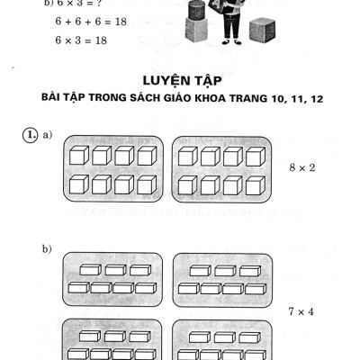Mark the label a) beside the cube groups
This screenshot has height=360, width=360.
[47, 135]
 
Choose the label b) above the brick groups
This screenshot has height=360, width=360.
[47, 247]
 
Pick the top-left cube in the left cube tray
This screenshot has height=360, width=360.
[77, 155]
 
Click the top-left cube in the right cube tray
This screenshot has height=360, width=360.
[188, 155]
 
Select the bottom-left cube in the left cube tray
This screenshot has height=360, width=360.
[77, 184]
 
